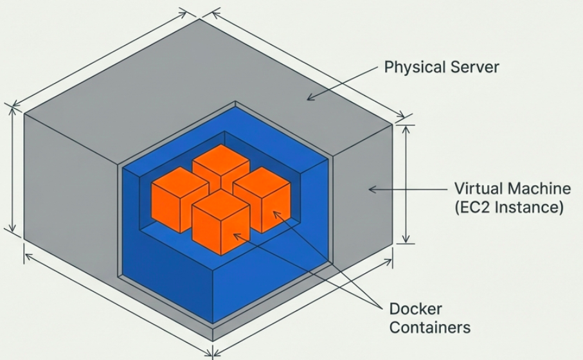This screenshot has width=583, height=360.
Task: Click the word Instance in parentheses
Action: point(529,208)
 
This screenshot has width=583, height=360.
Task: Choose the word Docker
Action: point(415,309)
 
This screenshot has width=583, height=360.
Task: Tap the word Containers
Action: point(430,327)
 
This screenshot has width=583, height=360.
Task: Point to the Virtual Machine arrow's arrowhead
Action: point(370,189)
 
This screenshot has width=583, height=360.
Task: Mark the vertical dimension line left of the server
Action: point(12,168)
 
